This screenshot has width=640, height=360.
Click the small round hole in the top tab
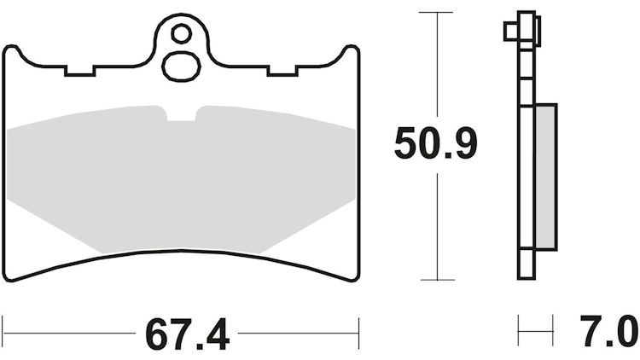pyautogui.click(x=181, y=33)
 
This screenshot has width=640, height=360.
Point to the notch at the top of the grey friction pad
pyautogui.click(x=181, y=114)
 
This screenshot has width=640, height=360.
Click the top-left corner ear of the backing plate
pyautogui.click(x=11, y=53)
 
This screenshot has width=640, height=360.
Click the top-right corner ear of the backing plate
pyautogui.click(x=350, y=53)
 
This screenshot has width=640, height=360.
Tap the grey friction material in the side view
pyautogui.click(x=545, y=175)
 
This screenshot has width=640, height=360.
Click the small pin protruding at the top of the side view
pyautogui.click(x=511, y=32)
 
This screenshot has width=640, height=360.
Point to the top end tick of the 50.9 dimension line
pyautogui.click(x=437, y=13)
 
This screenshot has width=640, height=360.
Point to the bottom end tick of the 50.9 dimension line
pyautogui.click(x=437, y=279)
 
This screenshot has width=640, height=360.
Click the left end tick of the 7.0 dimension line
pyautogui.click(x=519, y=328)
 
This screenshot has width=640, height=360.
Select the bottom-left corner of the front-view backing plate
pyautogui.click(x=9, y=278)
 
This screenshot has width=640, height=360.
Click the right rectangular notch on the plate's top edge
pyautogui.click(x=280, y=71)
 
